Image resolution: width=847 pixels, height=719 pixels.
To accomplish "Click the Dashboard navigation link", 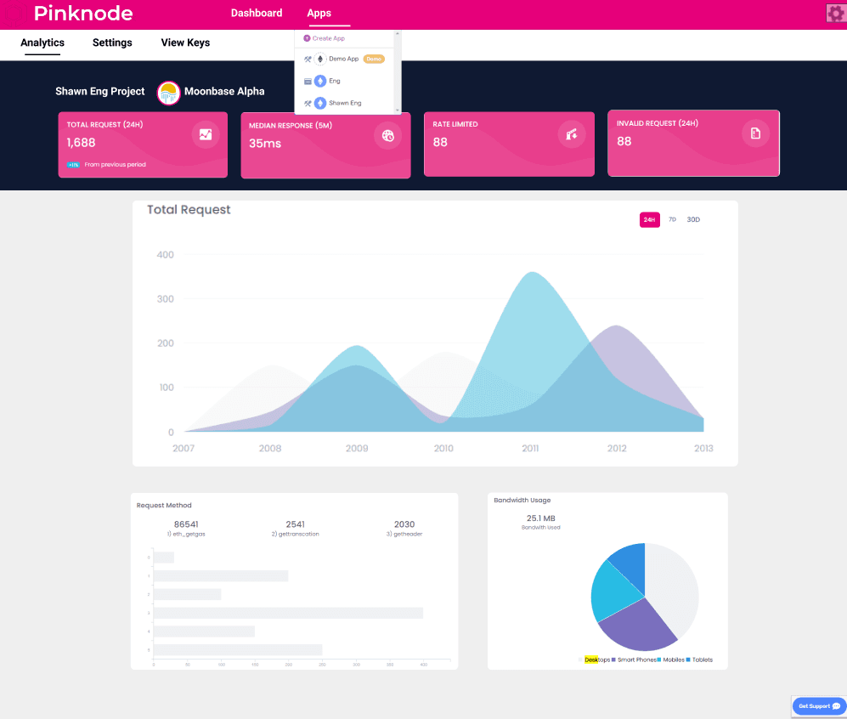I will point(257,13).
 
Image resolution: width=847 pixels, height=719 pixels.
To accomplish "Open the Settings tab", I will point(112,42).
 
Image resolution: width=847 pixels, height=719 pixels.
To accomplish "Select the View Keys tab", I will point(185,42).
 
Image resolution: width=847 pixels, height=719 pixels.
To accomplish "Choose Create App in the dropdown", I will point(328,38).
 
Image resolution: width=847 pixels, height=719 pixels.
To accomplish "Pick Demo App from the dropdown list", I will point(343,59).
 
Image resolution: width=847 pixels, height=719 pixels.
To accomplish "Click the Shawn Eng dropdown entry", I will point(345,103).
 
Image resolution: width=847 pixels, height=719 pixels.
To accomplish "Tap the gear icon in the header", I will point(834,13).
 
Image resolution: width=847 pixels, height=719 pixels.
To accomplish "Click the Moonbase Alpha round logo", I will point(169,93).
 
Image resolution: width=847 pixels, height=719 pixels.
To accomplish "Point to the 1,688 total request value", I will point(82,143).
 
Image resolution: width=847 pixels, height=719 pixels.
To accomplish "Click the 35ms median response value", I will point(265,144).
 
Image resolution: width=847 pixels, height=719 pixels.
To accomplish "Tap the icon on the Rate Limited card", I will point(572,133).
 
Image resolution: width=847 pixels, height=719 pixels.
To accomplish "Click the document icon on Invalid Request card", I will point(754,133).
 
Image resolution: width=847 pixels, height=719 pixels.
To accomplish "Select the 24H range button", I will point(649,220).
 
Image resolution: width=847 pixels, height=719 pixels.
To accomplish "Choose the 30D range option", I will point(693,220).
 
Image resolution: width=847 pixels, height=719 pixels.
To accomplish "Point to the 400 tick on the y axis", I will point(165,255).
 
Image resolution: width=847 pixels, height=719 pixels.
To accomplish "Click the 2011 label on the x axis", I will point(530,448).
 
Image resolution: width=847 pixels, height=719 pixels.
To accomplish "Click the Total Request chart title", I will point(189,210).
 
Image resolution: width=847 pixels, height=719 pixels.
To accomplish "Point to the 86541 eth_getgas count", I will point(186,524).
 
